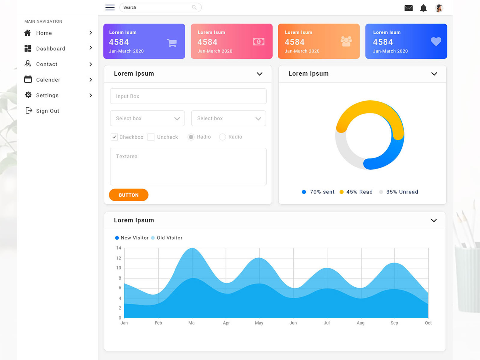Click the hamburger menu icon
coord(110,7)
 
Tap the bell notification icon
coord(423,8)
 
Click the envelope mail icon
coord(408,8)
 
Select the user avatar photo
coord(439,8)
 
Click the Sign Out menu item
coord(47,111)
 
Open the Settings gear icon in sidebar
coord(28,95)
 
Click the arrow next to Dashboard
coord(91,48)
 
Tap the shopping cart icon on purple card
coord(172,43)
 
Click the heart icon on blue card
coord(436,41)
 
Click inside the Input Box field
coord(188,96)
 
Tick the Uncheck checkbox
coord(151,137)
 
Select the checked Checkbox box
coord(114,137)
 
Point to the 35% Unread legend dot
coord(381,192)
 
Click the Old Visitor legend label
coord(169,238)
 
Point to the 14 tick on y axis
coord(119,248)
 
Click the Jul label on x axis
coord(327,323)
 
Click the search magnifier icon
coord(194,7)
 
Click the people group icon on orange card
coord(346,41)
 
